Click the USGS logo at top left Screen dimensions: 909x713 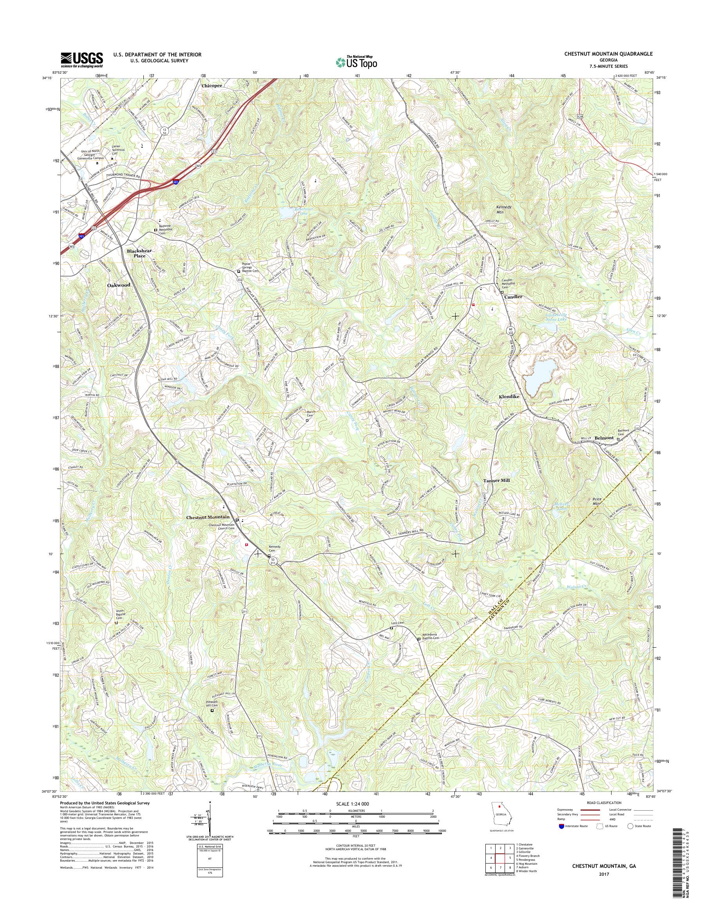pos(82,60)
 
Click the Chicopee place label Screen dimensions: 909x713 pos(212,85)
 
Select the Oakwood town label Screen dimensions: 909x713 pos(119,285)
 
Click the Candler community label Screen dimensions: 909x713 pos(513,297)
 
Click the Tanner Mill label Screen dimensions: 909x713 pos(496,481)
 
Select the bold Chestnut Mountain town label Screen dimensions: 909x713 pos(208,517)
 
